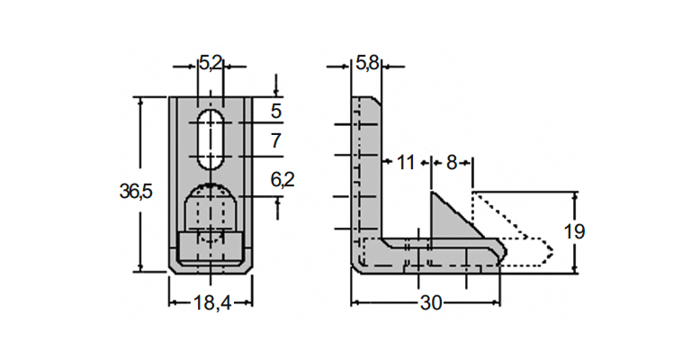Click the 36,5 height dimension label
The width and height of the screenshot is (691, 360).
pyautogui.click(x=136, y=192)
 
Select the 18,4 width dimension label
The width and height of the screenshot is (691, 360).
pyautogui.click(x=212, y=302)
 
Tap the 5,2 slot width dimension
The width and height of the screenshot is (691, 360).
pyautogui.click(x=211, y=64)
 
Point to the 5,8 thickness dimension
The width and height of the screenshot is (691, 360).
pyautogui.click(x=367, y=64)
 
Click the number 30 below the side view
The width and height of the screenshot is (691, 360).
pyautogui.click(x=431, y=302)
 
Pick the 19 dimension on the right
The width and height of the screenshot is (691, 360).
pyautogui.click(x=574, y=231)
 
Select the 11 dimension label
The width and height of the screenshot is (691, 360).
pyautogui.click(x=406, y=163)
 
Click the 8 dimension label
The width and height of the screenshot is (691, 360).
pyautogui.click(x=452, y=163)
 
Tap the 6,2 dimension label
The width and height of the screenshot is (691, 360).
pyautogui.click(x=283, y=179)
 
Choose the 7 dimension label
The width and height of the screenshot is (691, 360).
pyautogui.click(x=276, y=141)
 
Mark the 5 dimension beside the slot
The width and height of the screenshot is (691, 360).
pyautogui.click(x=276, y=111)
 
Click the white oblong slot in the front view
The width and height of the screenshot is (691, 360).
pyautogui.click(x=211, y=139)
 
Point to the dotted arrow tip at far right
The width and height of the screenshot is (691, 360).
pyautogui.click(x=552, y=252)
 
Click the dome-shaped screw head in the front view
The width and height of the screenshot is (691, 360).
pyautogui.click(x=211, y=207)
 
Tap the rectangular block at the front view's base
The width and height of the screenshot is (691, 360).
pyautogui.click(x=211, y=247)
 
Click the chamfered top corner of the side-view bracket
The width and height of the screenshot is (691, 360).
pyautogui.click(x=378, y=101)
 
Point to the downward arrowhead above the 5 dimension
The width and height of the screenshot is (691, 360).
pyautogui.click(x=276, y=92)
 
